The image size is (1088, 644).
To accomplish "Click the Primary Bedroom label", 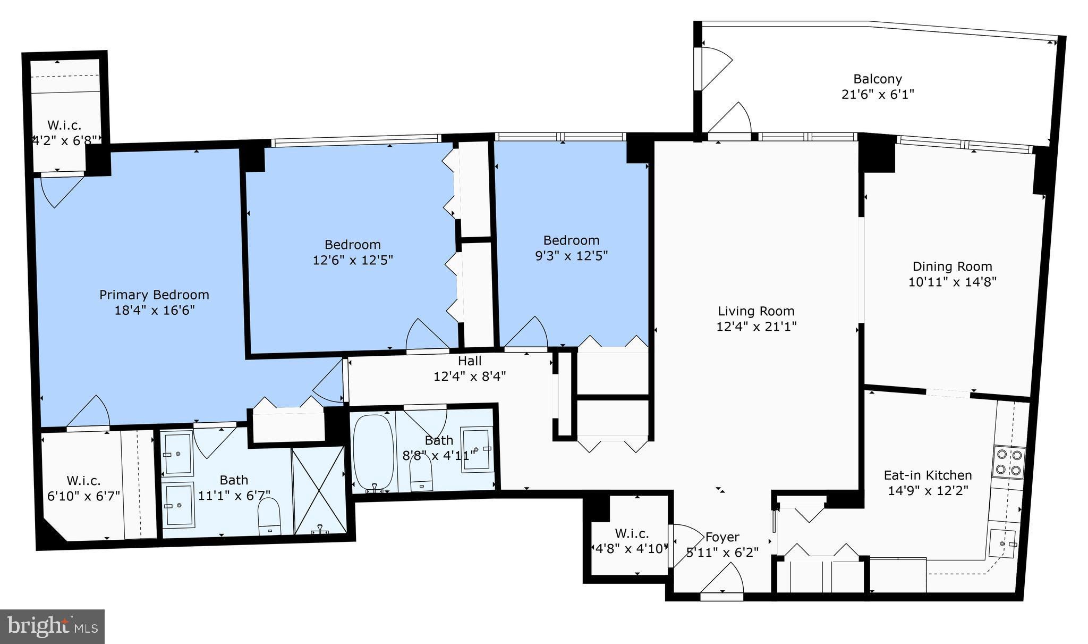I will click(154, 295).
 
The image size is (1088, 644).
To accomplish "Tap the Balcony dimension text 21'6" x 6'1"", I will click(878, 95).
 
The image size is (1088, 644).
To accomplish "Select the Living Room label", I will click(756, 311).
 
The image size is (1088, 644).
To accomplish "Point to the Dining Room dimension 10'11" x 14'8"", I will click(952, 282).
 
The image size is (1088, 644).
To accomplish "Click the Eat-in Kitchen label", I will click(928, 475).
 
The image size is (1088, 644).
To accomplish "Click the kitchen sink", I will click(1002, 543).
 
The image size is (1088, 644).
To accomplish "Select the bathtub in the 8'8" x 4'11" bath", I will click(373, 452).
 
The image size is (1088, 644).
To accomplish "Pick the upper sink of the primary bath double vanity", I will click(177, 453).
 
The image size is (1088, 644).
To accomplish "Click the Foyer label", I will click(722, 537).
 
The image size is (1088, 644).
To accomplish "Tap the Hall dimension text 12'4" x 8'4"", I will click(470, 377).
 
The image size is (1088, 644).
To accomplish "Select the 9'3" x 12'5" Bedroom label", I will click(571, 240).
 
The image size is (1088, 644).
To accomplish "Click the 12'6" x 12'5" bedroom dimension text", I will click(353, 260).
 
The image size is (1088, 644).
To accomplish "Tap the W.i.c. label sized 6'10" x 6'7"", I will click(83, 481).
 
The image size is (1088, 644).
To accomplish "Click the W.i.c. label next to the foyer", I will click(632, 533).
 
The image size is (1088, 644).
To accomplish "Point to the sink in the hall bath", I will click(476, 449).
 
